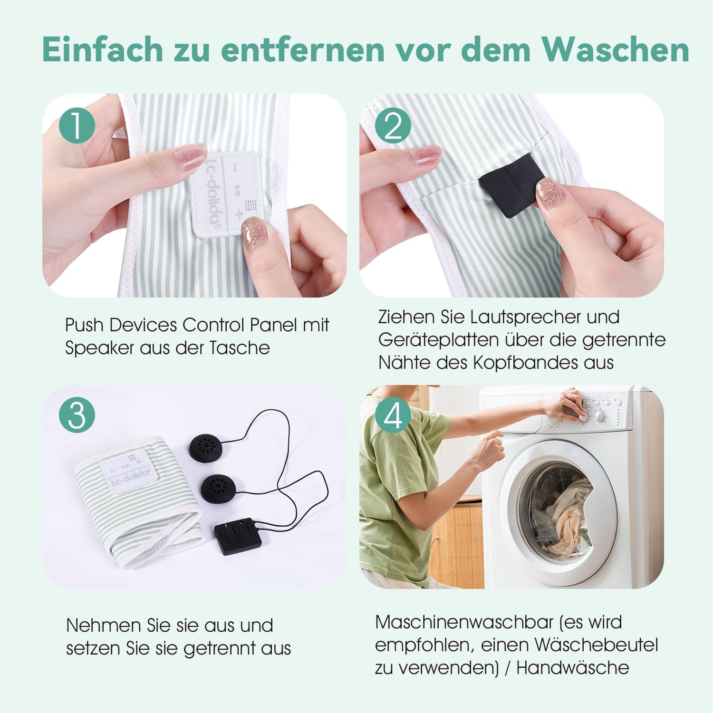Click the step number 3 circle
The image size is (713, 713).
77,414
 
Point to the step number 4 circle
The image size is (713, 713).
393,414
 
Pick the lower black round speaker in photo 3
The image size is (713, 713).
220,487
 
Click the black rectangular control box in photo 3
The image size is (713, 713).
238,538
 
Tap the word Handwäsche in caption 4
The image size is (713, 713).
572,668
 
